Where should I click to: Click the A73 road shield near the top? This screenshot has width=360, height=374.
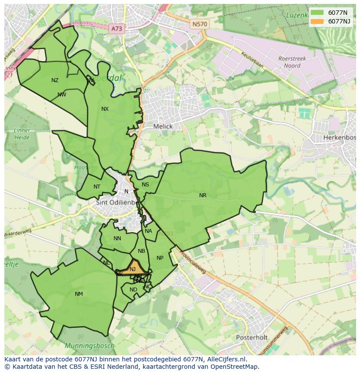point(117,29)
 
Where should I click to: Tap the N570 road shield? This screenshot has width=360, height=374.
point(199,24)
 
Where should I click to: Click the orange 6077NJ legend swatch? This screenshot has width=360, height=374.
point(317,21)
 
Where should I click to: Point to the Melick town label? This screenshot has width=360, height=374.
point(163,126)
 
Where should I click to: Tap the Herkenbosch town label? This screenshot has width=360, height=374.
point(340,137)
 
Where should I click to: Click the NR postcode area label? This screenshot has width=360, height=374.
point(203,195)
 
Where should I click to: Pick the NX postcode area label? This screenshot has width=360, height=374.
point(105,109)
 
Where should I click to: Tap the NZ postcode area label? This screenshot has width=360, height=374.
point(55,80)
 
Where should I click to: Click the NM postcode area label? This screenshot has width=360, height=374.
point(79,294)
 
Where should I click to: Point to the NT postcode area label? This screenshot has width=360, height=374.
point(97,187)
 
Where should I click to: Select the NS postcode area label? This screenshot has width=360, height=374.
point(145,185)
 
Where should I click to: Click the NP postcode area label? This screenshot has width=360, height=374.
point(160,258)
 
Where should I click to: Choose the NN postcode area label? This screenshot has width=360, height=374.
point(117,238)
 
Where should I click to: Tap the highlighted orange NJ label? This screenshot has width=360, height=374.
point(133,269)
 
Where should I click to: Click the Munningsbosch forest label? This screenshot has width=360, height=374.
point(90,346)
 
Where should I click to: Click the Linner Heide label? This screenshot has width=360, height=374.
point(22,134)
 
